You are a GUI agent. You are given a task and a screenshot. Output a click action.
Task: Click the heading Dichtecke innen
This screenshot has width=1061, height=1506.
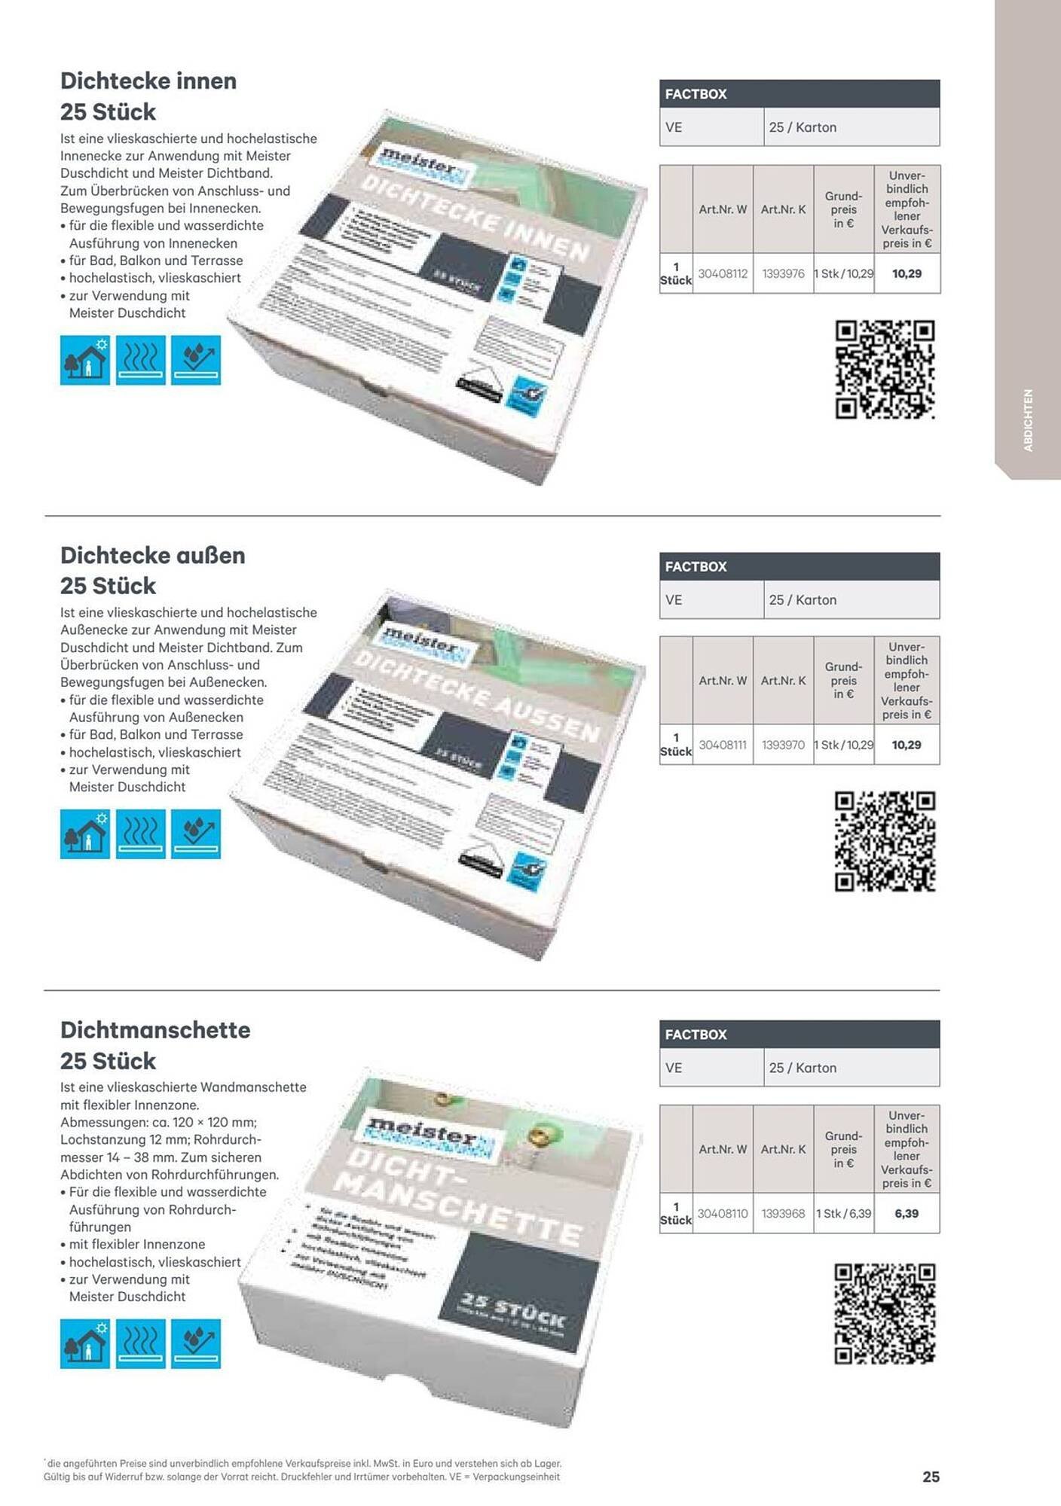coord(148,81)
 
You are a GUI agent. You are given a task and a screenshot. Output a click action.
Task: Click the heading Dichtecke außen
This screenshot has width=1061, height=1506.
coord(153,555)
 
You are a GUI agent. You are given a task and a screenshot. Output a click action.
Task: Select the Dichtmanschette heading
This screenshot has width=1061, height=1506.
coord(155,1029)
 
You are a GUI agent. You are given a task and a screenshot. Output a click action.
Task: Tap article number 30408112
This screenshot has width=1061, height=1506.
coord(723,273)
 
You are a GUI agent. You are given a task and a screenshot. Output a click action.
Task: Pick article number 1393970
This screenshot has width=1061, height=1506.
coord(783,745)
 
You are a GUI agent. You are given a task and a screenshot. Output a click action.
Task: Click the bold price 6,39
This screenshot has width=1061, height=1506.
coord(907,1213)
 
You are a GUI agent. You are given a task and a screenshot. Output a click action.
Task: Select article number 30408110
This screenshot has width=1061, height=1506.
coord(723,1213)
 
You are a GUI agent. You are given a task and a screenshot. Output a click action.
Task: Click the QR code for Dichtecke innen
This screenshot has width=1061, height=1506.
coord(885,369)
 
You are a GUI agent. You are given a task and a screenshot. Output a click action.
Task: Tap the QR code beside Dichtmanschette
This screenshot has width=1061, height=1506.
coord(885,1313)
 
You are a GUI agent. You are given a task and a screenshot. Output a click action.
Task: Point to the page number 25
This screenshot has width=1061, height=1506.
coord(931,1476)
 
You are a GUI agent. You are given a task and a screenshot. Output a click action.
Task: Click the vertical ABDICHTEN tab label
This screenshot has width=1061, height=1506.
coord(1028,420)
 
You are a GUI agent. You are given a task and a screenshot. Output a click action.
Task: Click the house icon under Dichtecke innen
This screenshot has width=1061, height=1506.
coord(85,360)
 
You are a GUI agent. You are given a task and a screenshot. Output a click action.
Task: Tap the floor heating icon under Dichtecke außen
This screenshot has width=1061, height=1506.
coord(141,834)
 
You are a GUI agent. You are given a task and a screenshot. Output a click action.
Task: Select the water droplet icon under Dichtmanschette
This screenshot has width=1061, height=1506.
coord(196,1343)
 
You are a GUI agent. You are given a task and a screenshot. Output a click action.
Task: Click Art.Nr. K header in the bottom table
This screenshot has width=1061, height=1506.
coord(783,1149)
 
